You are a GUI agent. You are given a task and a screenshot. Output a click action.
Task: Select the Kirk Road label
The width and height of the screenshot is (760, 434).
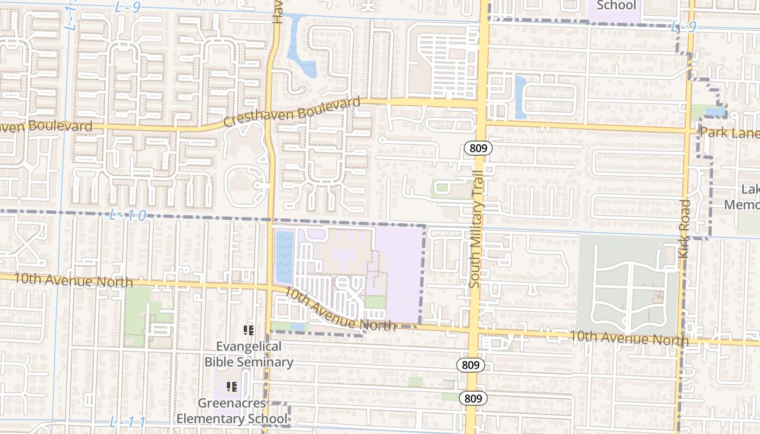click(x=685, y=228)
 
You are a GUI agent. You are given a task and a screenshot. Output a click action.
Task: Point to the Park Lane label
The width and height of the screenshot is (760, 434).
click(x=729, y=132)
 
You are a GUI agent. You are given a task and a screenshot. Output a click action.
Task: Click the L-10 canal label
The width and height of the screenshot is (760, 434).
click(x=128, y=215)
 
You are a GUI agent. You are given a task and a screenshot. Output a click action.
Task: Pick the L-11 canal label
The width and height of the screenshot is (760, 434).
click(x=128, y=422)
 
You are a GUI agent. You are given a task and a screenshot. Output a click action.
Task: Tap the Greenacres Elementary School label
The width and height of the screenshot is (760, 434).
click(x=232, y=411)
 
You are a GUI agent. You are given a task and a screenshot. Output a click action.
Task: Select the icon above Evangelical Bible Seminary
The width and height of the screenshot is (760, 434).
click(x=249, y=330)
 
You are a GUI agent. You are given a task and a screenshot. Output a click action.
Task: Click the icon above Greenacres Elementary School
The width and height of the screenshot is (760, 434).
click(x=232, y=387)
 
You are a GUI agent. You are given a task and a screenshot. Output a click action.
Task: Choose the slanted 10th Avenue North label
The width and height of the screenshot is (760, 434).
click(x=340, y=310)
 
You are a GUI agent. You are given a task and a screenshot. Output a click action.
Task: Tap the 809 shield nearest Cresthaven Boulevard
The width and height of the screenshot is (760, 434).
click(x=478, y=148)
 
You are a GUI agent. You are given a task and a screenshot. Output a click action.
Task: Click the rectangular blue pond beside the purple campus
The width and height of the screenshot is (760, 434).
click(x=284, y=256)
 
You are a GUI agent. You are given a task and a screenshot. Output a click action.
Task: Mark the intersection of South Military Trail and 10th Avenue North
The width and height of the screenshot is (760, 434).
click(x=473, y=330)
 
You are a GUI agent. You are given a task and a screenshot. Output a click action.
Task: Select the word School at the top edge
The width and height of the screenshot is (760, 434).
click(x=616, y=5)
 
